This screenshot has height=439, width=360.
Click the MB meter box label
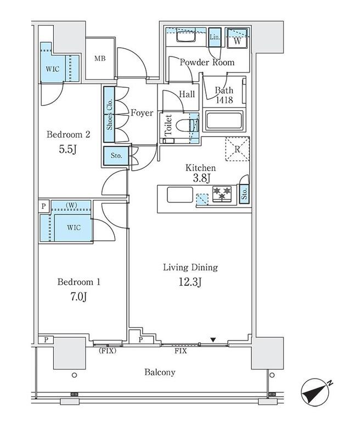(x=100, y=59)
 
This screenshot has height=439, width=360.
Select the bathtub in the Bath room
(x=224, y=121)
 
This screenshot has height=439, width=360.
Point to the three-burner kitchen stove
(x=222, y=194)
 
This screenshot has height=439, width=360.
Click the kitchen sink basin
(x=180, y=195)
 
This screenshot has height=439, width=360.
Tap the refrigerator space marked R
(x=238, y=149)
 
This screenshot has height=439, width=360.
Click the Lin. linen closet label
(x=215, y=37)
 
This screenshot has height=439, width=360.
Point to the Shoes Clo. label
(x=109, y=114)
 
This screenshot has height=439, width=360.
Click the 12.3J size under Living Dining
(x=190, y=282)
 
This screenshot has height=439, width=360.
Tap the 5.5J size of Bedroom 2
(x=68, y=149)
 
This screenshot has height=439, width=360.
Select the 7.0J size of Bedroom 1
(x=78, y=296)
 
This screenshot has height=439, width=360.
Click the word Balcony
(x=160, y=373)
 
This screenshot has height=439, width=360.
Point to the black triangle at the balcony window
(x=213, y=340)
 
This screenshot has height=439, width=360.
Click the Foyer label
(x=142, y=113)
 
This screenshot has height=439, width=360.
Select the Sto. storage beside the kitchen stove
(x=244, y=193)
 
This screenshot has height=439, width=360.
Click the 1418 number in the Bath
(x=224, y=100)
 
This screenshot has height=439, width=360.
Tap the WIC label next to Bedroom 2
(x=53, y=69)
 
